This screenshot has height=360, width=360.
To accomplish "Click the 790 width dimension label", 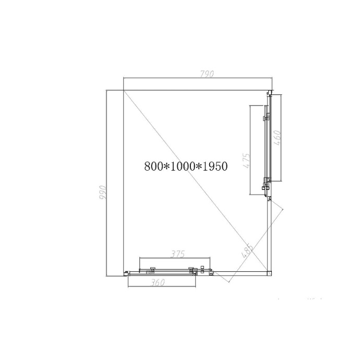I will click(207, 74).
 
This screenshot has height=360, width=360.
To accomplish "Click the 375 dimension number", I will click(178, 254).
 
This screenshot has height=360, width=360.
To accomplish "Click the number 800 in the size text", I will click(154, 166).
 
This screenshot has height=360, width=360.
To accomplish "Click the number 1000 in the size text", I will click(183, 166).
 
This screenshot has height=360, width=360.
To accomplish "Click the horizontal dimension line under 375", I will click(175, 258).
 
